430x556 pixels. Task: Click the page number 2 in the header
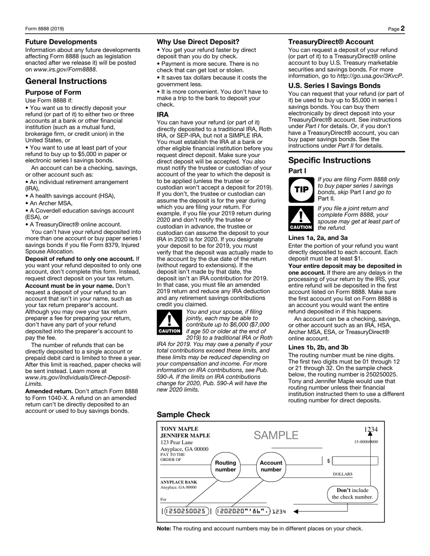click(x=402, y=29)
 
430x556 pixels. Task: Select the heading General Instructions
click(x=66, y=81)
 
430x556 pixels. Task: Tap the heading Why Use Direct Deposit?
click(x=198, y=42)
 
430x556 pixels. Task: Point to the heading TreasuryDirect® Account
click(x=331, y=42)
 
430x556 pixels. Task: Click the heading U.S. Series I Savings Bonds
click(x=334, y=86)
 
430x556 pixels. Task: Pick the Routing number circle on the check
click(x=225, y=466)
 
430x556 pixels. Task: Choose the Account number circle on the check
click(x=271, y=466)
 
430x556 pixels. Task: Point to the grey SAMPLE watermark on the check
click(x=276, y=435)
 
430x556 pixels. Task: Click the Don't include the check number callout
click(x=353, y=494)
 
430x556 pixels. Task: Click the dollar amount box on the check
click(x=355, y=461)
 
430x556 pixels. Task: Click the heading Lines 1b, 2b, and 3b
click(x=318, y=347)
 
